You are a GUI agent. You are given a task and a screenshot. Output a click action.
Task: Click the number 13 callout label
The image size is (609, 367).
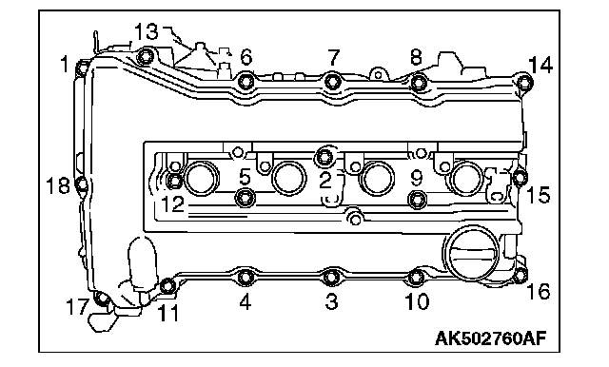[x=147, y=31]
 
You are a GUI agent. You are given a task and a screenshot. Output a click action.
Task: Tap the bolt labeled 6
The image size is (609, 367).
[x=246, y=81]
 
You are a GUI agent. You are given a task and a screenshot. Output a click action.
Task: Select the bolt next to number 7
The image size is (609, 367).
[x=333, y=81]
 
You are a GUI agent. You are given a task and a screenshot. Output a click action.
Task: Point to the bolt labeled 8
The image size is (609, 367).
[x=419, y=82]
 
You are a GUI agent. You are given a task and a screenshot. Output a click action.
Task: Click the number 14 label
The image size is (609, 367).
[x=540, y=65]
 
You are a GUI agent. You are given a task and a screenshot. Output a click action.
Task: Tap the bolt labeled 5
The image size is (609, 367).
[x=246, y=197]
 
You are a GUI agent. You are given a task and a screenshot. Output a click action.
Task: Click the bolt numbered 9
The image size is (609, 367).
[x=418, y=199]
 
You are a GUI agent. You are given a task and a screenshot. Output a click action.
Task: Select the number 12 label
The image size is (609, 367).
[x=172, y=203]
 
